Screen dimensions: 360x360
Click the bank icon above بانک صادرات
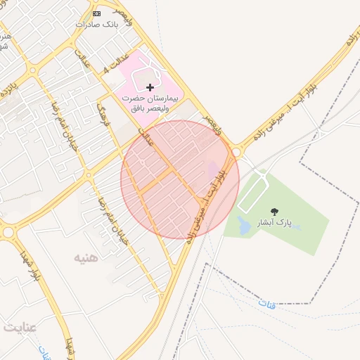pos(96,13)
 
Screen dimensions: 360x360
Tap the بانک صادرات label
pos(95,24)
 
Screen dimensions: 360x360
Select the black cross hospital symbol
pos(150,87)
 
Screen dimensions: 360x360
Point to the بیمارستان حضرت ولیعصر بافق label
pos(150,103)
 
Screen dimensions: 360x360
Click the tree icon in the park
pos(274,211)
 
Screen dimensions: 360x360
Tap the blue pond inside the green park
pos(243,226)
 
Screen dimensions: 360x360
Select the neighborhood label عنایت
pos(20,328)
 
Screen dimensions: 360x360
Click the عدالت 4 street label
pos(117,61)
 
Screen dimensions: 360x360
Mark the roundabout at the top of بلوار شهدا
pos(9,232)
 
